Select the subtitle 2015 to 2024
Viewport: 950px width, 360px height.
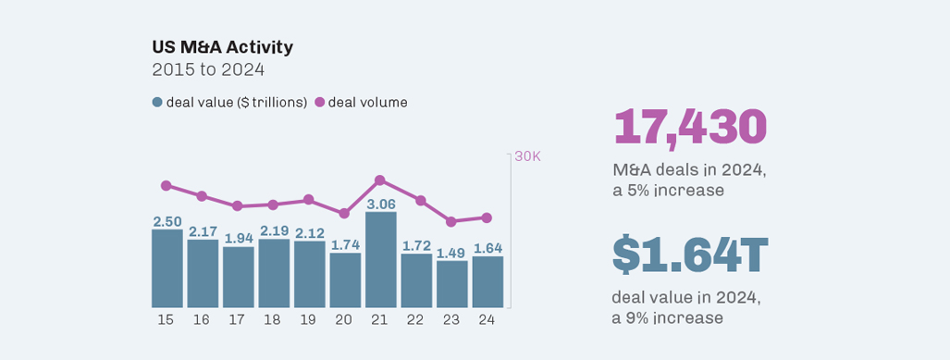(x=208, y=69)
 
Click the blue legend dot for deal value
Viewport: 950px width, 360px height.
(x=157, y=103)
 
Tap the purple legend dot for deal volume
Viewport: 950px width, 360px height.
(x=320, y=103)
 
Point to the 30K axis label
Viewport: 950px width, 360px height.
(x=527, y=155)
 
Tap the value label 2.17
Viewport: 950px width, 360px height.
(x=203, y=231)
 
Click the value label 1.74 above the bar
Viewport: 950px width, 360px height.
(x=345, y=244)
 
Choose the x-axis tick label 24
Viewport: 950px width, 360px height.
(x=487, y=319)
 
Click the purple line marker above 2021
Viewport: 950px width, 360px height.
(x=380, y=180)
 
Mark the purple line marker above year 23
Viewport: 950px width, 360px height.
(x=451, y=222)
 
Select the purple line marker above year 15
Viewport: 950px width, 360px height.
(x=167, y=185)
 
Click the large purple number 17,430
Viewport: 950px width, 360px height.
(x=690, y=127)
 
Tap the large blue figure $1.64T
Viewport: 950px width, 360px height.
(x=690, y=256)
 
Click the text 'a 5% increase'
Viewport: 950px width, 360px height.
(x=668, y=191)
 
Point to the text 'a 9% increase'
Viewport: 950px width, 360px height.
(x=668, y=318)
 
